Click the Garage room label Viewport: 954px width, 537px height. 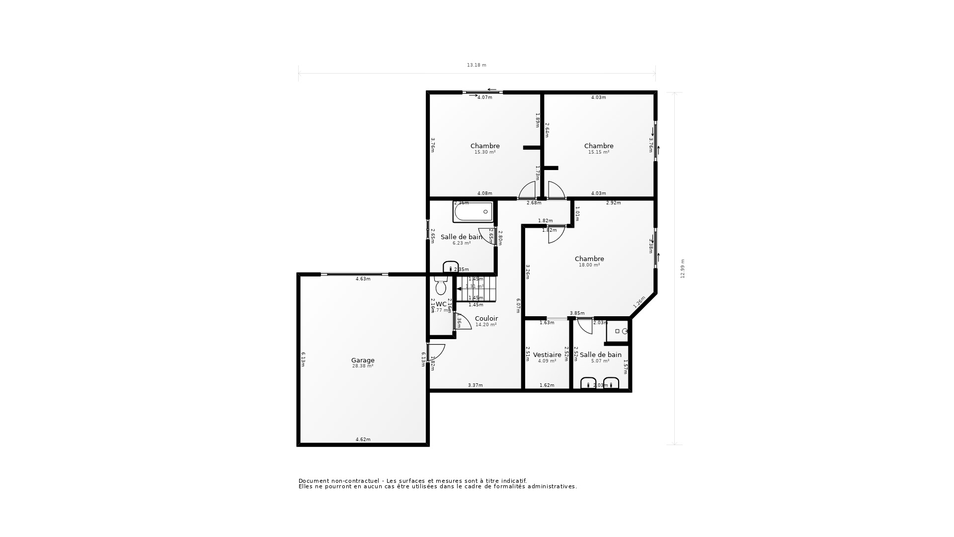[x=363, y=360]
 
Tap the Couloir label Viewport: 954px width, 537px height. [x=486, y=318]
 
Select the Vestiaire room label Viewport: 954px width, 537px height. [x=547, y=355]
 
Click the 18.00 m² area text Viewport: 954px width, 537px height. [x=589, y=265]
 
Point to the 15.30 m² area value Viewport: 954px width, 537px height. [x=485, y=152]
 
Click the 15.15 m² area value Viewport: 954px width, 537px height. [x=599, y=152]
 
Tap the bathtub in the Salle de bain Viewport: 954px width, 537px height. [x=473, y=212]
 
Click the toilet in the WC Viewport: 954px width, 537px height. [x=440, y=286]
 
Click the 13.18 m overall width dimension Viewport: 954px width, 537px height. [x=477, y=65]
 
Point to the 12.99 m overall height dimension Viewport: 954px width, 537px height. [x=683, y=268]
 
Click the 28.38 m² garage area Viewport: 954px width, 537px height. [x=363, y=366]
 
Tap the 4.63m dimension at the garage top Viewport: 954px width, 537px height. [x=363, y=279]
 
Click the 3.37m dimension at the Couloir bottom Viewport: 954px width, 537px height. [x=476, y=385]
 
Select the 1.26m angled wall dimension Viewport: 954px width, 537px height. [x=639, y=302]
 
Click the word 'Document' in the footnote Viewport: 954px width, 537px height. [x=314, y=481]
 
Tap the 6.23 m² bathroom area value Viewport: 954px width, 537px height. [x=462, y=243]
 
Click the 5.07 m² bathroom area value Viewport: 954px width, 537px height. [x=600, y=361]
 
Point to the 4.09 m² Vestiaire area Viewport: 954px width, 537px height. [x=547, y=361]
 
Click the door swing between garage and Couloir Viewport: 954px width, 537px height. [x=437, y=352]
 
